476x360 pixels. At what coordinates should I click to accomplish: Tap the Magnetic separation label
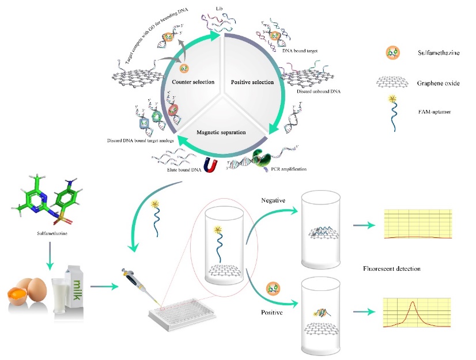click(221, 132)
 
